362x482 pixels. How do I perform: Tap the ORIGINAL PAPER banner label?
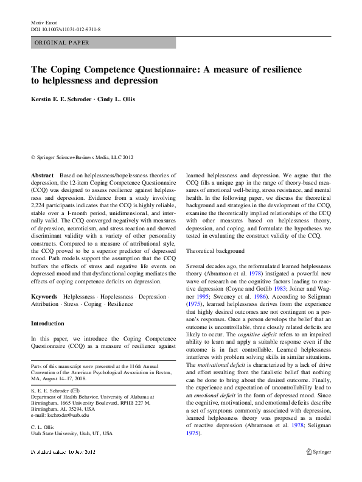coord(62,43)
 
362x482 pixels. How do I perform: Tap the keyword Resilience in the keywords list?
coord(120,304)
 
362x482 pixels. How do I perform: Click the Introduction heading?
coord(47,324)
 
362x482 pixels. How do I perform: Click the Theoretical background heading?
coord(215,251)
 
